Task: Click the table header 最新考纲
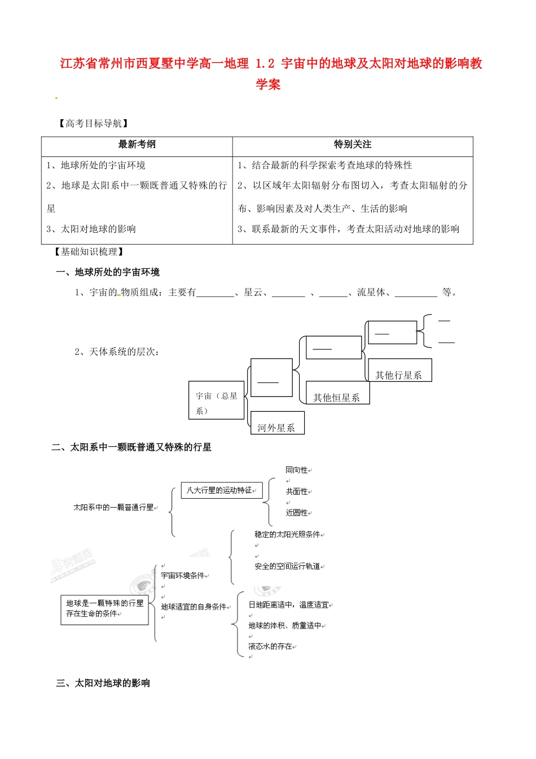[137, 145]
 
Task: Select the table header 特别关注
[353, 145]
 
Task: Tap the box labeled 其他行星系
[399, 375]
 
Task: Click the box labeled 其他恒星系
[337, 398]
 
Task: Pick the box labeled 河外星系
[276, 428]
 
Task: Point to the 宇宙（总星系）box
[217, 403]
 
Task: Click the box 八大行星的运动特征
[222, 490]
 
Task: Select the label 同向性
[297, 470]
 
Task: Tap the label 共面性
[297, 491]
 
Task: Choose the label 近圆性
[297, 513]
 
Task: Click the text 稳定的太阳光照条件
[287, 534]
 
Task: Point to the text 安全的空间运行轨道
[287, 566]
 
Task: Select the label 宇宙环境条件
[183, 575]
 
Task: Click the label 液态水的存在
[271, 646]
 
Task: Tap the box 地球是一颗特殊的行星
[104, 608]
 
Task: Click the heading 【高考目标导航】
[93, 123]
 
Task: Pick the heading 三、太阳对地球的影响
[103, 683]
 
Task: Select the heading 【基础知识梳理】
[89, 252]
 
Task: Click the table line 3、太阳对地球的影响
[91, 229]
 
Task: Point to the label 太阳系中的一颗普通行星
[114, 507]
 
